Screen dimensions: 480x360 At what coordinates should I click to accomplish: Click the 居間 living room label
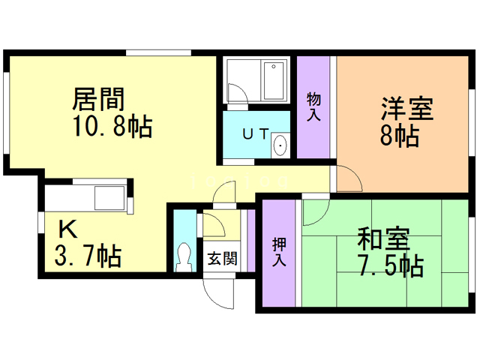98,99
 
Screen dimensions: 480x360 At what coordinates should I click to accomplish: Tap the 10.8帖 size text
112,126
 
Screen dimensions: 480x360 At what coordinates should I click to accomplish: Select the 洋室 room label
407,108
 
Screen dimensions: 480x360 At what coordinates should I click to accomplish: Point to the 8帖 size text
400,136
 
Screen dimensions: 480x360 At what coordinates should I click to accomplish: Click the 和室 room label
383,238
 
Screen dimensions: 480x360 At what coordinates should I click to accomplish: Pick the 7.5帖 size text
391,265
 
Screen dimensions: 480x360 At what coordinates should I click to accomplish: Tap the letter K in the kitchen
67,229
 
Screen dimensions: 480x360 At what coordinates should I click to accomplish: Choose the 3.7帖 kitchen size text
88,256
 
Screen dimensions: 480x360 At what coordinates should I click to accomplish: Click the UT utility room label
256,133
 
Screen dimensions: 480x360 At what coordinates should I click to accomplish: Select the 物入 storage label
313,106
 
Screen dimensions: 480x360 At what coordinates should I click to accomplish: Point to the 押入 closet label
279,252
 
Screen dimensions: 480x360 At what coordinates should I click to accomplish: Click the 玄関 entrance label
223,259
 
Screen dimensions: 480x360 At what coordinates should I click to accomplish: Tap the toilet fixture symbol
184,257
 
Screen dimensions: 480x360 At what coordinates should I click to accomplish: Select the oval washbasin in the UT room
280,145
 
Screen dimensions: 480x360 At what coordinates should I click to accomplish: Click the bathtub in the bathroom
274,81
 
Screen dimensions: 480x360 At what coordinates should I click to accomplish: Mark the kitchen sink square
109,198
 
